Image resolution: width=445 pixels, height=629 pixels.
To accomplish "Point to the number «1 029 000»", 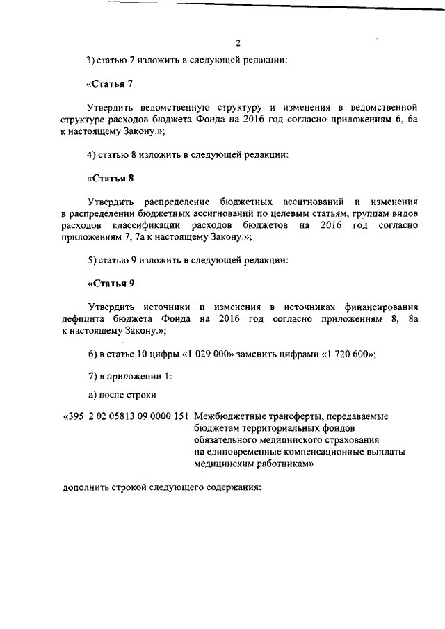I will [209, 355].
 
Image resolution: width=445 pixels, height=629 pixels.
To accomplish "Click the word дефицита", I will [82, 320].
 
